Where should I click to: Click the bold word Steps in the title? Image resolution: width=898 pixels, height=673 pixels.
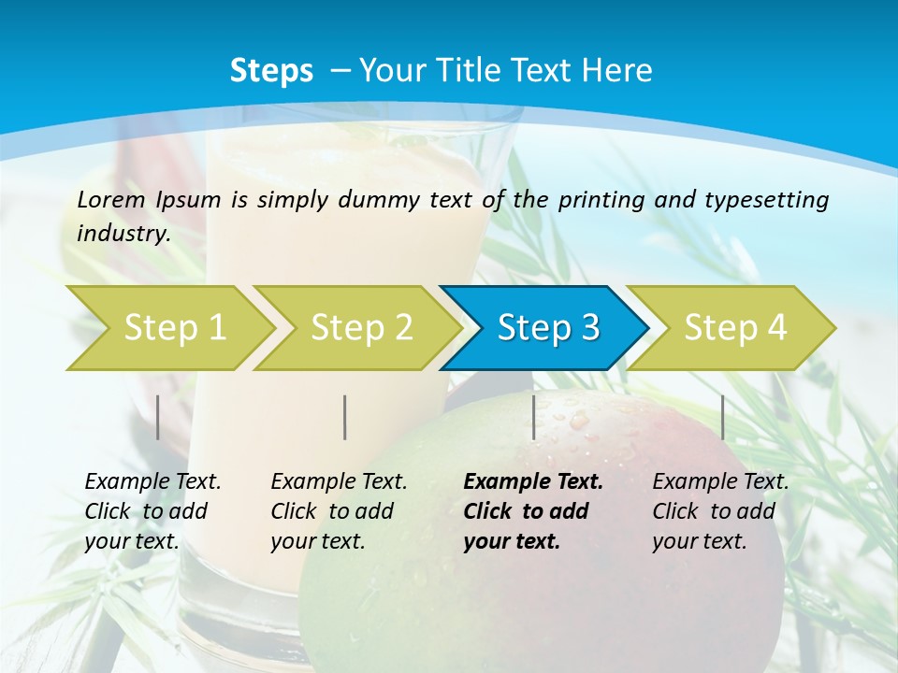(x=271, y=71)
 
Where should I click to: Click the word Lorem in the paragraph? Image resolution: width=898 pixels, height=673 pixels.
(x=111, y=199)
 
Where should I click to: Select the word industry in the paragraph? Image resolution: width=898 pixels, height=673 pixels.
(x=123, y=234)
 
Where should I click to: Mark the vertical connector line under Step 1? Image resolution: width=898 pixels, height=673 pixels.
(x=158, y=417)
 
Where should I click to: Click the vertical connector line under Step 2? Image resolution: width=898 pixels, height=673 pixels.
(x=345, y=417)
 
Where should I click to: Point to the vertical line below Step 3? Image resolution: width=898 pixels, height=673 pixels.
(x=533, y=417)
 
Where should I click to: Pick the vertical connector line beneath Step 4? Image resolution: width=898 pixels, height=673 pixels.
(x=723, y=417)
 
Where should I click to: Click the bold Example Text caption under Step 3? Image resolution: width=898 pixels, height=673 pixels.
(x=532, y=511)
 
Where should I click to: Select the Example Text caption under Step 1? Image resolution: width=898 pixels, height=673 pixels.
(x=152, y=511)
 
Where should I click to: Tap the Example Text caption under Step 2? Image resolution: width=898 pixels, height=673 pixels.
(x=339, y=511)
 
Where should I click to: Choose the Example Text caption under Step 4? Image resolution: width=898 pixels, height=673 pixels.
(x=720, y=511)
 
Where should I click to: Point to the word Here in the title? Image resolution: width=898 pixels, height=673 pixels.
(x=617, y=71)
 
